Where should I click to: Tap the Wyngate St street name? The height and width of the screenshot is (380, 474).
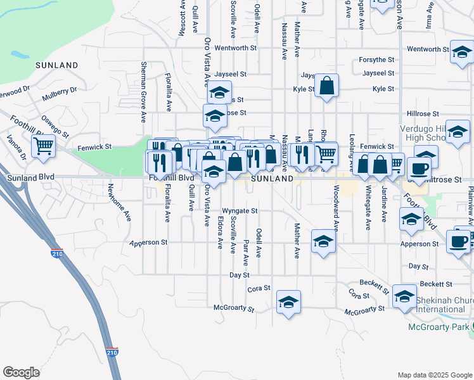pyautogui.click(x=240, y=211)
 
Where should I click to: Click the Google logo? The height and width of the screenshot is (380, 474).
pyautogui.click(x=21, y=372)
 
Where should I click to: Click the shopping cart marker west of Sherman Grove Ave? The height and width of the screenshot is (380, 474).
pyautogui.click(x=44, y=146)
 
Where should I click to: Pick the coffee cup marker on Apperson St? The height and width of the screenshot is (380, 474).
pyautogui.click(x=459, y=241)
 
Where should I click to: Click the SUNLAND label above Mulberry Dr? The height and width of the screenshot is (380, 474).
pyautogui.click(x=56, y=65)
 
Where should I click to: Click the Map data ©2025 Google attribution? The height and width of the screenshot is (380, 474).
pyautogui.click(x=434, y=375)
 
